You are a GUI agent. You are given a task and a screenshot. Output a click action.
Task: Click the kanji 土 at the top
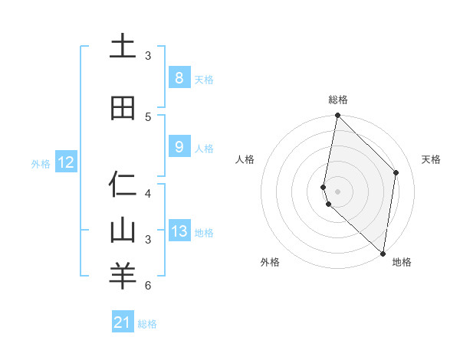[x=123, y=47]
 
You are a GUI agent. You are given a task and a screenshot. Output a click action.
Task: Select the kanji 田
[x=123, y=109]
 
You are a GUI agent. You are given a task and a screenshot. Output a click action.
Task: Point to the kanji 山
[x=123, y=231]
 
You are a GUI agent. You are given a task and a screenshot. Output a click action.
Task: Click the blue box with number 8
[x=179, y=78]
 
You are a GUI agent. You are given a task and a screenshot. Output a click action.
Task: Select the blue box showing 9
[x=179, y=147]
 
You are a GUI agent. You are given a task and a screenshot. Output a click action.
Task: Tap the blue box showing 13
[x=179, y=231]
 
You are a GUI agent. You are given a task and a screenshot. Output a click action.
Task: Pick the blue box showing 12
[x=65, y=162]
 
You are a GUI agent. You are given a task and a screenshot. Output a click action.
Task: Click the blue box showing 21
[x=123, y=322]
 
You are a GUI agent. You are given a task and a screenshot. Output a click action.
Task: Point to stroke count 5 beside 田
[x=148, y=116]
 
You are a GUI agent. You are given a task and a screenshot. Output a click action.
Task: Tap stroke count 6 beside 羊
[x=148, y=286]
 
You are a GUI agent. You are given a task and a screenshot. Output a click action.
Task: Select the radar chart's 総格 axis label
[x=338, y=100]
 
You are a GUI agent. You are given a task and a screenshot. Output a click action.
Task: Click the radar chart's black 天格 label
[x=431, y=159]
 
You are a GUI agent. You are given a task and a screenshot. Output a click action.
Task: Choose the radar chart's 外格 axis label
[x=269, y=262]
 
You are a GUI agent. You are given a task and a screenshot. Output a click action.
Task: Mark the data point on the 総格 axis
[x=337, y=116]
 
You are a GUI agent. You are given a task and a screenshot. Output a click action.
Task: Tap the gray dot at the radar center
[x=337, y=191]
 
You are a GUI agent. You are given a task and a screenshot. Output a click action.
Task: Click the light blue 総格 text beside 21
[x=147, y=324]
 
